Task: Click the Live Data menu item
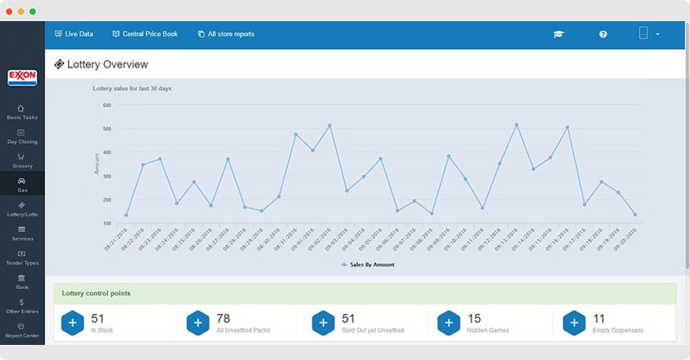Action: click(74, 34)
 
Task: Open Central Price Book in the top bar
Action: click(145, 34)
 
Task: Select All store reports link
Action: click(226, 34)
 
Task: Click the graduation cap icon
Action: click(558, 34)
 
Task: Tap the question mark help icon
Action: click(603, 34)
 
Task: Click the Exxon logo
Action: click(22, 78)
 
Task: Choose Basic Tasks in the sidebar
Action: click(22, 112)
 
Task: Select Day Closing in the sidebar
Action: click(22, 136)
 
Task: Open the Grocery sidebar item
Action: click(22, 160)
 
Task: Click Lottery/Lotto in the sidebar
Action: click(22, 209)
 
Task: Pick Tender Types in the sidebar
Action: click(22, 258)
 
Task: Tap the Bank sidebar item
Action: click(22, 282)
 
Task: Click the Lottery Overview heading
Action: click(107, 65)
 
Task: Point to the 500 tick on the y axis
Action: click(106, 129)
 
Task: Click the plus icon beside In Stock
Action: click(72, 322)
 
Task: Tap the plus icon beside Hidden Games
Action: click(448, 322)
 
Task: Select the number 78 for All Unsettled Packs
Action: click(223, 319)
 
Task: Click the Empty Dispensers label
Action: click(618, 331)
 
